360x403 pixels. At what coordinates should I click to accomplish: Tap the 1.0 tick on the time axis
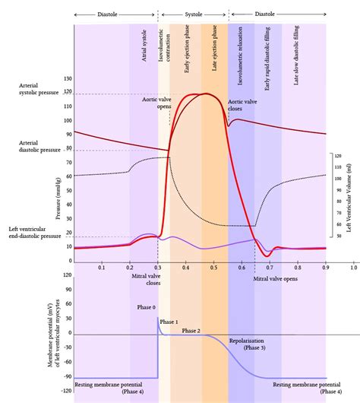pyautogui.click(x=353, y=268)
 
